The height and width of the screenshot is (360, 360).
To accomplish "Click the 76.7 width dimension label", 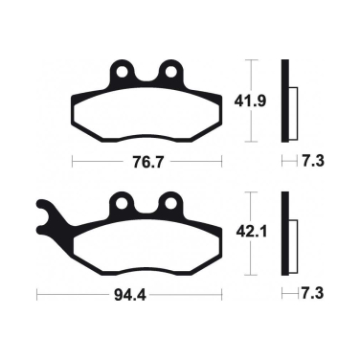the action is pos(146,162).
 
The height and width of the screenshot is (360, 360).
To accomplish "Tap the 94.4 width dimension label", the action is pos(129,295).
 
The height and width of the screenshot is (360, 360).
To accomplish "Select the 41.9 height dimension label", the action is pos(250,101).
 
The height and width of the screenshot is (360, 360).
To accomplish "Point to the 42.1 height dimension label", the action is pos(251,232).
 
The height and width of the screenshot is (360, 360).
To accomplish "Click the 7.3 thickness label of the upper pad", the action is pos(313,161).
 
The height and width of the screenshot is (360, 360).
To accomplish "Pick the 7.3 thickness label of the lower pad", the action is pos(313,293).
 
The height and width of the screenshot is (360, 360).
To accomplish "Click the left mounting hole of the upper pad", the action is pos(122,72).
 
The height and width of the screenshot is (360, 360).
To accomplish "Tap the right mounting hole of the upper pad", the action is pos(171,72).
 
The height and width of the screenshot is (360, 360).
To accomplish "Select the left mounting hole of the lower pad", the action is pos(122,204).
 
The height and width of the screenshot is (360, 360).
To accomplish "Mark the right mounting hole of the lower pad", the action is pos(171,204).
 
